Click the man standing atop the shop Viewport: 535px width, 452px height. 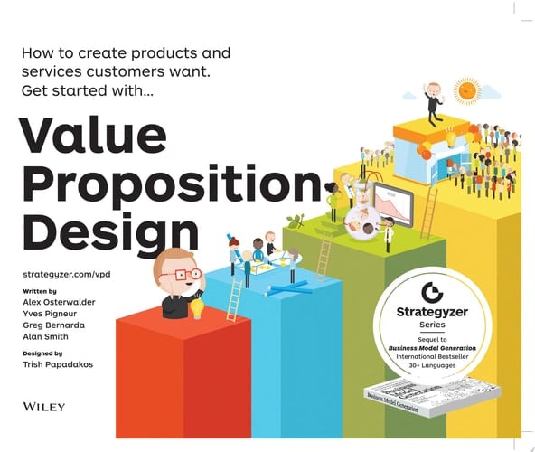[x=434, y=101]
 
